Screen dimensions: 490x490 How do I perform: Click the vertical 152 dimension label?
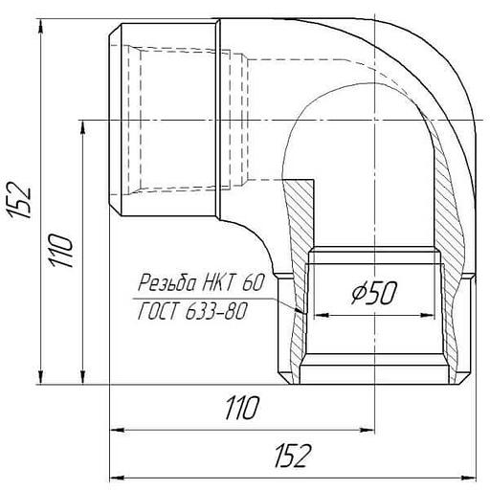pos(20,200)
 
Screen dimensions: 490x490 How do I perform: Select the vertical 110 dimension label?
pos(61,250)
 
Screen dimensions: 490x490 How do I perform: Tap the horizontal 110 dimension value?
pos(241,408)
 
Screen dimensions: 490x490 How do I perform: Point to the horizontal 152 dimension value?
pos(293,456)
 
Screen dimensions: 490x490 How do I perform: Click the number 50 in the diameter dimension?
pos(382,293)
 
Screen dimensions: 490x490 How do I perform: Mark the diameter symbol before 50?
pos(358,293)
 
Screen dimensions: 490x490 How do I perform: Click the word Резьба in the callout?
pos(167,282)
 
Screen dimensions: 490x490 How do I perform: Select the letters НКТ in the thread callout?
pos(219,282)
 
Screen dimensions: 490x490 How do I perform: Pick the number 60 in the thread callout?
pos(254,282)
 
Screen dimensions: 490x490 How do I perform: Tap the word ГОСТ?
pos(158,311)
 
